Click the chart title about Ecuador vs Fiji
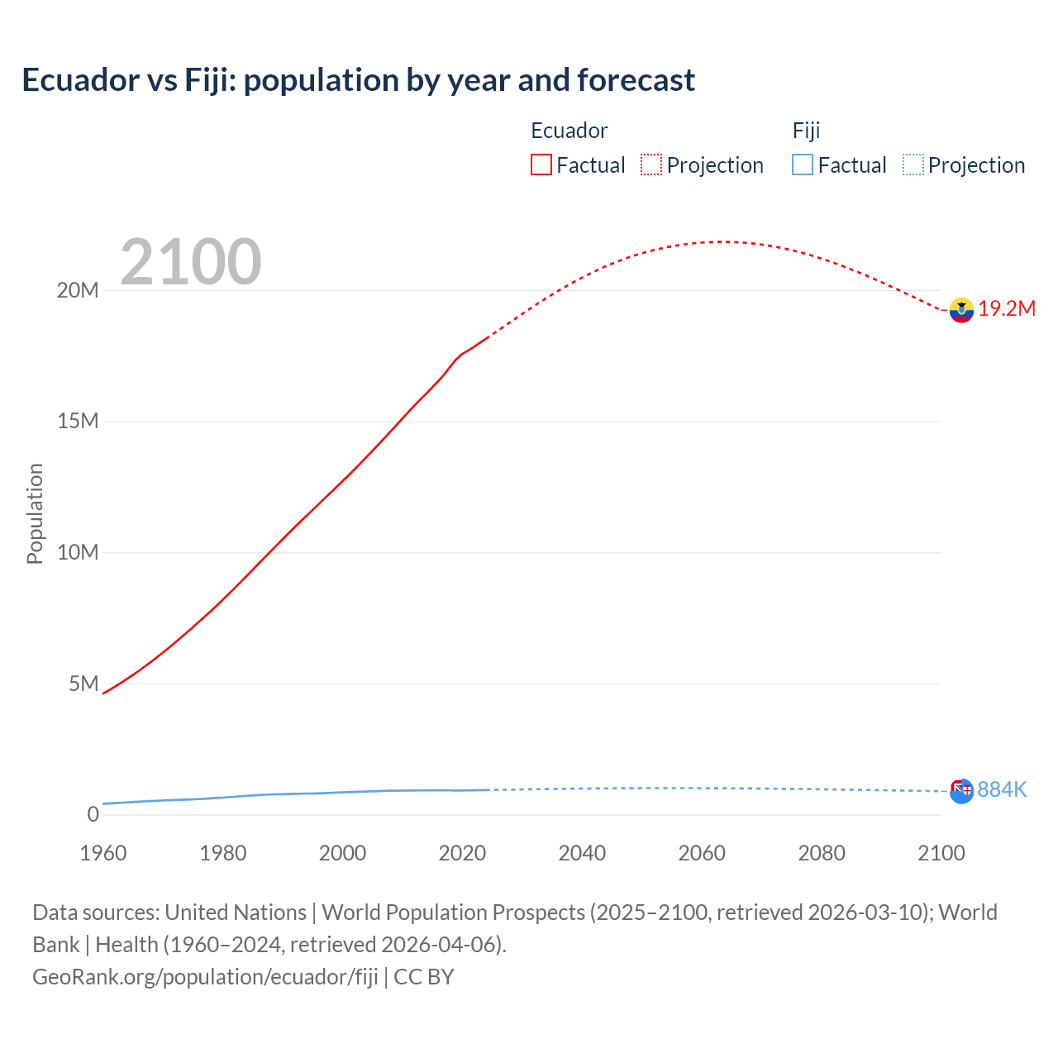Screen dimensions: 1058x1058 [358, 80]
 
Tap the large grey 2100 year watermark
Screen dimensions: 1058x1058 [191, 262]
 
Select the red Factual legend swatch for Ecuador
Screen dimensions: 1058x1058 [541, 164]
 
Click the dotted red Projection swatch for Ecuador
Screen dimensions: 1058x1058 [651, 164]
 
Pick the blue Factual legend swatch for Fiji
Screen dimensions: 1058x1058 [802, 164]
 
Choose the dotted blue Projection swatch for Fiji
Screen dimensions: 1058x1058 [913, 164]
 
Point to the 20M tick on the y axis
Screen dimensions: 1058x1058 [78, 290]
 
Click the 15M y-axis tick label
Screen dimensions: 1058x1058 [78, 422]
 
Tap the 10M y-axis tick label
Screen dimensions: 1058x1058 [78, 552]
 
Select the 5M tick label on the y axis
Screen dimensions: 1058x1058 [83, 684]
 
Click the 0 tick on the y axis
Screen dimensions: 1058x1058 [93, 814]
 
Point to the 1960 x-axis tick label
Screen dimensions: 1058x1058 [103, 853]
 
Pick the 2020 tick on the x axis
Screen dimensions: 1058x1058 [462, 853]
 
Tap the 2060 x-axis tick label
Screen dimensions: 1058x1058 [702, 853]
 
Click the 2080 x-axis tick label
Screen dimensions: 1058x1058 [822, 853]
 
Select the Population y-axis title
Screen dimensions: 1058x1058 [35, 513]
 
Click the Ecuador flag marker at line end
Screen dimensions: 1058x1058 [961, 310]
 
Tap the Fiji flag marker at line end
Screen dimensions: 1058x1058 [961, 791]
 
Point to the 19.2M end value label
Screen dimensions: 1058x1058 [1007, 308]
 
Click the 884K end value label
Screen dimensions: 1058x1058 [1002, 790]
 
